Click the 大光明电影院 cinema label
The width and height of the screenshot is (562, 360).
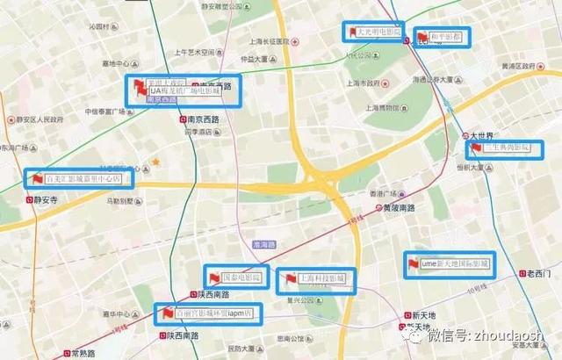pos(379,32)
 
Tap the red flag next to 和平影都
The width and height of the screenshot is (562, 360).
pos(425,37)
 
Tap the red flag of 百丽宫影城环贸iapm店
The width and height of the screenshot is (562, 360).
pos(165,312)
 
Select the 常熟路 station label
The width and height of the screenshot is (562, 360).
pos(83,353)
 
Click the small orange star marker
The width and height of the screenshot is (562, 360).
pos(155,162)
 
